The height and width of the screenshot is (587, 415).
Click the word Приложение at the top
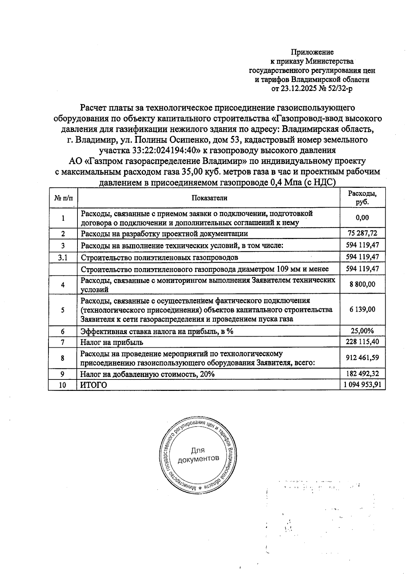tap(312, 52)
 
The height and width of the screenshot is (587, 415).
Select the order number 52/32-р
tap(341, 89)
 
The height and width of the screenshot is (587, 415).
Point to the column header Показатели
tap(209, 198)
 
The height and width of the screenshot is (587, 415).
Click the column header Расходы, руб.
tap(362, 198)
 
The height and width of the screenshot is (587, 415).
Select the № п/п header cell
tap(63, 198)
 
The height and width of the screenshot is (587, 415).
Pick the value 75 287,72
tap(362, 233)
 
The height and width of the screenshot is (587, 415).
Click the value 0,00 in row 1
tap(362, 218)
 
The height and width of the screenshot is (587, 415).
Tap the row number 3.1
tap(63, 257)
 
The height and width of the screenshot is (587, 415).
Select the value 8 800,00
tap(362, 284)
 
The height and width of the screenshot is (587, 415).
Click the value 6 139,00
tap(362, 310)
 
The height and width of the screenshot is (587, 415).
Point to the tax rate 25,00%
tap(362, 331)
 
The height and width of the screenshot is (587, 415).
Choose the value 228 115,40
tap(362, 342)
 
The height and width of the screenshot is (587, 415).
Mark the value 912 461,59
tap(362, 358)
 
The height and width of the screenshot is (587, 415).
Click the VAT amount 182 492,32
tap(362, 374)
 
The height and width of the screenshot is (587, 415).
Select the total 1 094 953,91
tap(362, 385)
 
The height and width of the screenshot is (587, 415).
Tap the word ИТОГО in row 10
tap(94, 385)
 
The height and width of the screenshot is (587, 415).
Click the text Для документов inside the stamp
tap(198, 455)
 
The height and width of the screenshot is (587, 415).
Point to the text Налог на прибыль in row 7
tap(112, 342)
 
